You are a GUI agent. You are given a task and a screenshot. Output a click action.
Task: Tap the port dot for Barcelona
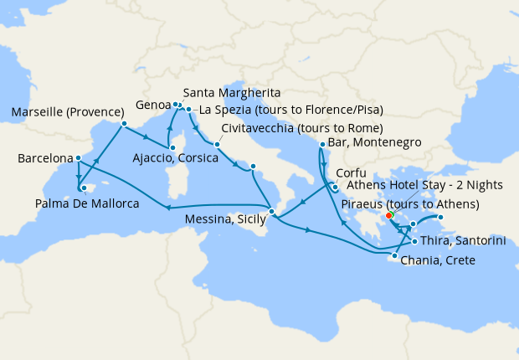pyautogui.click(x=78, y=157)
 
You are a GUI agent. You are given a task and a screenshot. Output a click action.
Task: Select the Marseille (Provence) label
pyautogui.click(x=63, y=112)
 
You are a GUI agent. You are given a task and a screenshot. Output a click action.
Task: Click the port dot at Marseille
pyautogui.click(x=123, y=125)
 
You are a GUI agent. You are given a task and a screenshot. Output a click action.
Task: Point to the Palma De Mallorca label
pyautogui.click(x=87, y=203)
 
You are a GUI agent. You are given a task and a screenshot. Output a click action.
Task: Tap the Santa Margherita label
pyautogui.click(x=231, y=92)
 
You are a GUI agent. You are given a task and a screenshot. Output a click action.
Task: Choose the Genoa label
pyautogui.click(x=154, y=106)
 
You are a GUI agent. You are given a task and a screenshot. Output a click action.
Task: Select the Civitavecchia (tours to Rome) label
pyautogui.click(x=302, y=129)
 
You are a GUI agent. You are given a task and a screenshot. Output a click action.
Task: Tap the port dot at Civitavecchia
pyautogui.click(x=216, y=144)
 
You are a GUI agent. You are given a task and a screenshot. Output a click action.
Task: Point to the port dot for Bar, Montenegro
pyautogui.click(x=322, y=145)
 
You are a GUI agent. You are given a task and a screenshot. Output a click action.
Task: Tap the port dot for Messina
pyautogui.click(x=271, y=210)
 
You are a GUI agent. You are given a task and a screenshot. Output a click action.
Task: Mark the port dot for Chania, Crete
pyautogui.click(x=394, y=256)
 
